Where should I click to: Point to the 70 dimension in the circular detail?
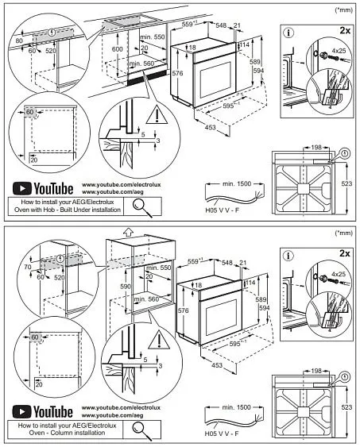pos(29,269)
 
